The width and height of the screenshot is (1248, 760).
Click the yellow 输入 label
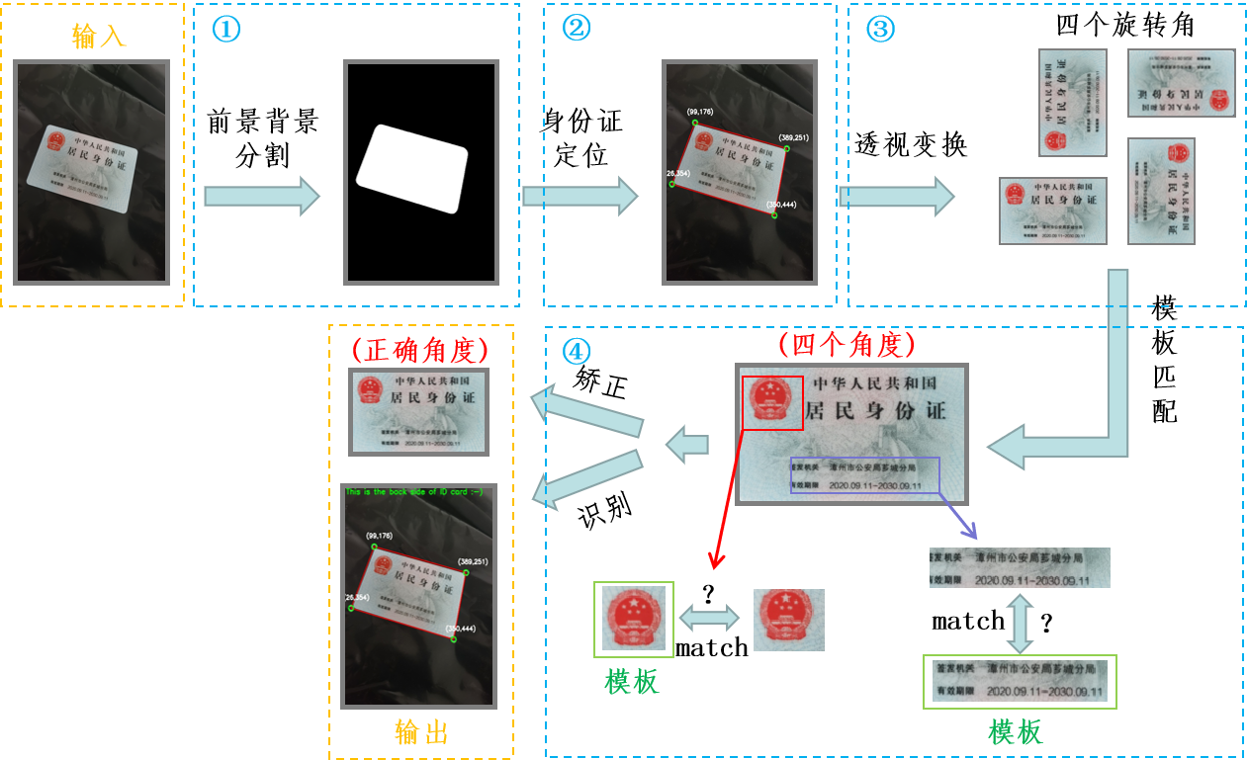coord(100,37)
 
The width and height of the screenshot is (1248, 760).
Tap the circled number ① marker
coord(226,29)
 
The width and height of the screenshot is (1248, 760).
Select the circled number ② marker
coord(576,29)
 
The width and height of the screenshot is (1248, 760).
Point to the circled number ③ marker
coord(879,29)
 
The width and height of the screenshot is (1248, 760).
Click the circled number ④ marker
coord(576,351)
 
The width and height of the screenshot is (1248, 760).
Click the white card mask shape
coord(411,168)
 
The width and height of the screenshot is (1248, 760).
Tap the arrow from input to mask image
coord(261,196)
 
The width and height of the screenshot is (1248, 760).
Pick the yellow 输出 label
coord(421,732)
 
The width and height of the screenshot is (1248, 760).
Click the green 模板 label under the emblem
coord(632,681)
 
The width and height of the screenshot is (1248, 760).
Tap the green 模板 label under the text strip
coord(1016,732)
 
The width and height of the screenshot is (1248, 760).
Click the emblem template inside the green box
coord(633,619)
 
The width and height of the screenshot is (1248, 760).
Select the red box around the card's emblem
coord(772,402)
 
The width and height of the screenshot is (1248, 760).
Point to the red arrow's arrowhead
coord(717,562)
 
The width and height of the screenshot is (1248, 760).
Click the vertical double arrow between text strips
coord(1019,621)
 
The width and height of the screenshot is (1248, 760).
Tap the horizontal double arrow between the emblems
coord(709,619)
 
